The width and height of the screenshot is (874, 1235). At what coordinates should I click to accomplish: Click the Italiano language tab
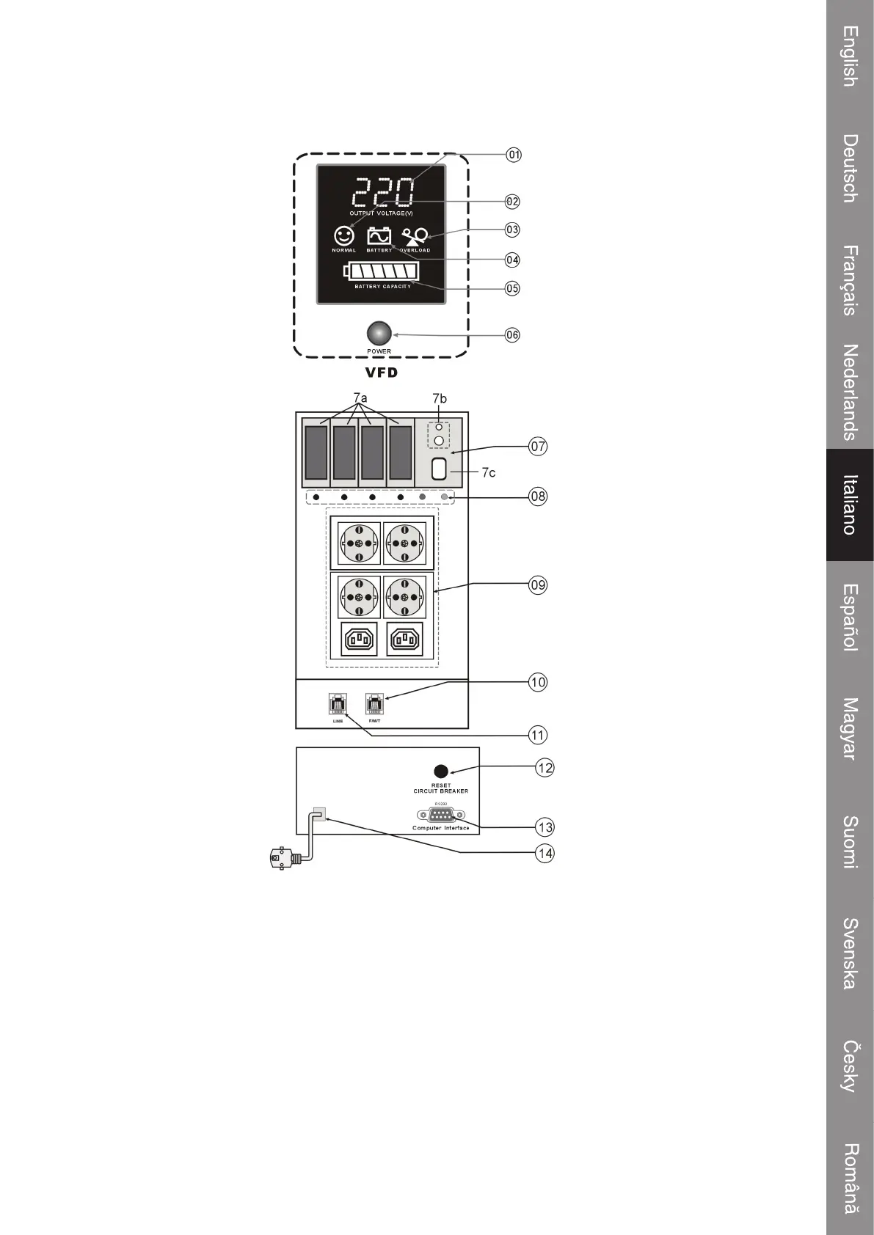point(850,505)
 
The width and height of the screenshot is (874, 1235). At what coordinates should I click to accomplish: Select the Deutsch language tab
point(850,168)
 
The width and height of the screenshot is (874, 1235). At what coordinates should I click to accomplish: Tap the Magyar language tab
point(850,728)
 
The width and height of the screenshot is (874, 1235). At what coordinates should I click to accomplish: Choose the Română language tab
point(850,1179)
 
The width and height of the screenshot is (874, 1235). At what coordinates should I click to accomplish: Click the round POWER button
point(379,334)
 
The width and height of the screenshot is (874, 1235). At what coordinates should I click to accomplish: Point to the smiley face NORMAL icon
point(343,235)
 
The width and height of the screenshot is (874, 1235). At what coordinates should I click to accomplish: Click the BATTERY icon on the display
point(379,236)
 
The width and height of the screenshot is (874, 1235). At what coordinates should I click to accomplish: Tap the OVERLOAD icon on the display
point(415,236)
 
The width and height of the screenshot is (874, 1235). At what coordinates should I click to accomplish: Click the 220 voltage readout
point(383,193)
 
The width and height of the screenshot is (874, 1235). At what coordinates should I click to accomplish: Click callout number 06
point(512,335)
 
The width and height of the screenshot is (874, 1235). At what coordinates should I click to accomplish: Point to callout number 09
point(538,584)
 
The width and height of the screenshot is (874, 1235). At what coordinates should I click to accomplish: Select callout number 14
point(545,853)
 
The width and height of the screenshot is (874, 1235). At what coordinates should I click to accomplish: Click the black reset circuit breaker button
point(441,772)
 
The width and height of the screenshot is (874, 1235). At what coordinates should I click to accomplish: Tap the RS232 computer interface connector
point(441,815)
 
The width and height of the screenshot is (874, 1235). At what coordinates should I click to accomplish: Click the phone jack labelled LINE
point(338,705)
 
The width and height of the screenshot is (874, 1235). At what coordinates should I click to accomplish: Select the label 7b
point(439,398)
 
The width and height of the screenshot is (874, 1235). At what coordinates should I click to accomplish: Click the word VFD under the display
point(382,372)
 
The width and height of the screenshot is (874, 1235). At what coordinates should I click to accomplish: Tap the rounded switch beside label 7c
point(439,469)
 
